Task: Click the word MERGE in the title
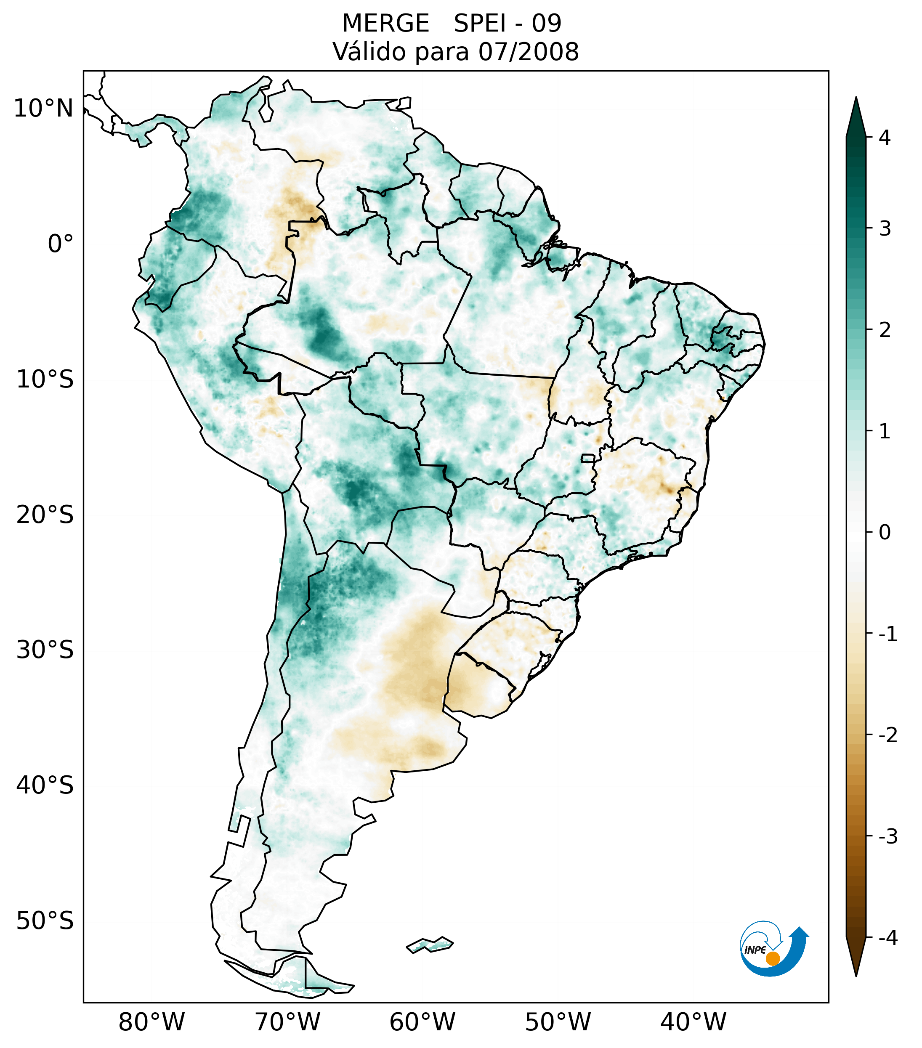coord(385,24)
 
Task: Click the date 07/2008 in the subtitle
coord(528,52)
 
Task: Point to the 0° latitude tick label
coord(61,244)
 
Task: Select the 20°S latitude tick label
coord(45,515)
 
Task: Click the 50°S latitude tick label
coord(45,921)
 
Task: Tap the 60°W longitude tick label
coord(422,1022)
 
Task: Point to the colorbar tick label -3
coord(887,837)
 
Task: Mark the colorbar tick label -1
coord(887,634)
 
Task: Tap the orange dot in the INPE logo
coord(772,958)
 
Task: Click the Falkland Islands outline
coord(430,945)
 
